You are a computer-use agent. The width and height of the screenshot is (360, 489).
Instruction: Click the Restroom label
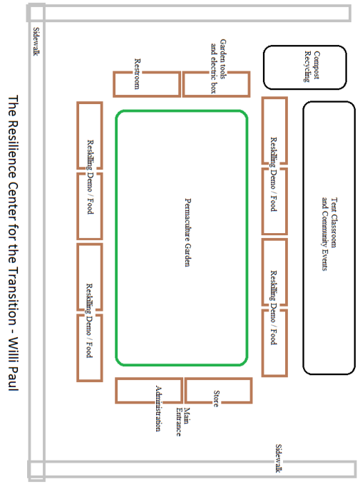[137, 74]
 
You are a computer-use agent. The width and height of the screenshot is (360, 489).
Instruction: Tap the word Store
[216, 398]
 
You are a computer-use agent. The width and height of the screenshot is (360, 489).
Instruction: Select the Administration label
[159, 408]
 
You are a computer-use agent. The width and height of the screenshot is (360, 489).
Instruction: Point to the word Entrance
[179, 422]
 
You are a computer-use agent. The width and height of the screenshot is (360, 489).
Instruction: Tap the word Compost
[317, 65]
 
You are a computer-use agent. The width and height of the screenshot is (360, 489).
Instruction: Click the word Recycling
[307, 66]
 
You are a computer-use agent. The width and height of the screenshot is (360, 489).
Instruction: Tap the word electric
[214, 70]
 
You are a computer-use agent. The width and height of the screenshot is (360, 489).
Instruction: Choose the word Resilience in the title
[13, 149]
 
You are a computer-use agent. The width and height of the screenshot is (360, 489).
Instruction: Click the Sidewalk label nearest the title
[36, 42]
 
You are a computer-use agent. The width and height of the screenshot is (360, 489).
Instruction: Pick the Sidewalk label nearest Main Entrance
[279, 458]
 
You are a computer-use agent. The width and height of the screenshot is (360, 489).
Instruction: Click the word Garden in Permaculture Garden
[187, 255]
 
